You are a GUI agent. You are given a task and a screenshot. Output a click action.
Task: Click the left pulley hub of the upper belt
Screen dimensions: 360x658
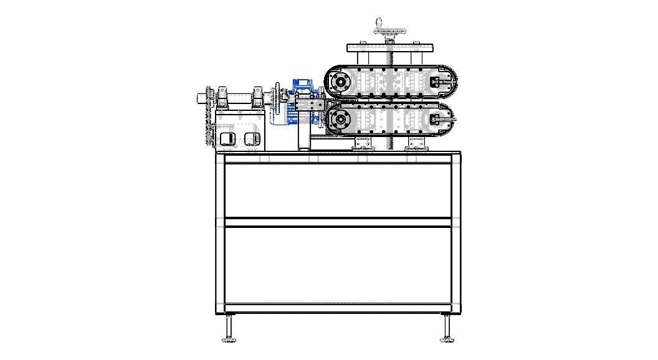(x=340, y=81)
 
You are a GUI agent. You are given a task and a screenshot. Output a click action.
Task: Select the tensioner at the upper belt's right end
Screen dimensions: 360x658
(x=440, y=81)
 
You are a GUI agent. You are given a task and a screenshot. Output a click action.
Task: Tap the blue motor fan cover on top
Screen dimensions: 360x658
(x=303, y=83)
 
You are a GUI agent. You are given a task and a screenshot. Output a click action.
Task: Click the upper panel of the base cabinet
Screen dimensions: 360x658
(x=338, y=190)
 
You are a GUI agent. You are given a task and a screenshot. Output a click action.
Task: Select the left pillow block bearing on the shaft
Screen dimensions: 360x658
(x=222, y=99)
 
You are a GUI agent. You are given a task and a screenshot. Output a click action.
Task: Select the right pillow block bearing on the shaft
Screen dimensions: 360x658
(x=257, y=99)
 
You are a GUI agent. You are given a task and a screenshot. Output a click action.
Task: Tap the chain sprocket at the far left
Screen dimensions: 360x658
(x=209, y=115)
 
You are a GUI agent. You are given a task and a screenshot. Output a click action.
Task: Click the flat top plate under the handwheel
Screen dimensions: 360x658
(x=390, y=48)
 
